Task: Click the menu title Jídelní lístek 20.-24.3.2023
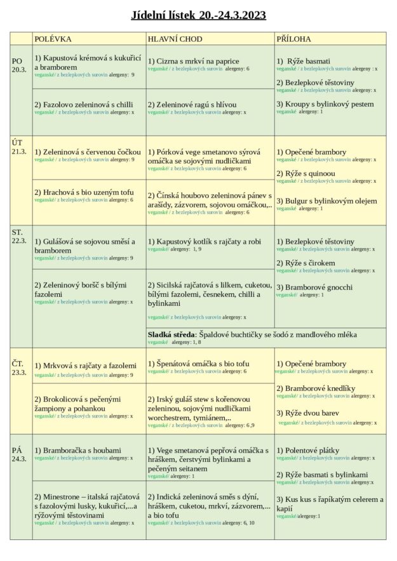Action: [x=198, y=15]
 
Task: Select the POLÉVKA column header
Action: [x=53, y=39]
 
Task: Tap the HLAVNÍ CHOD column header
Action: [x=175, y=39]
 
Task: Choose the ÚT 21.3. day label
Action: [x=19, y=147]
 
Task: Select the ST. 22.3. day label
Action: [x=19, y=236]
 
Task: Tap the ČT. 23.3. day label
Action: [x=19, y=367]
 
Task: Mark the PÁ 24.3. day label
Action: [x=19, y=454]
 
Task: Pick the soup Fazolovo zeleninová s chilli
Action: [x=84, y=105]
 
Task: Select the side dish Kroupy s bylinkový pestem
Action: [x=325, y=104]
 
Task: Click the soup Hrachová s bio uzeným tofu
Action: [x=84, y=192]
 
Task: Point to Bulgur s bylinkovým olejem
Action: [x=326, y=201]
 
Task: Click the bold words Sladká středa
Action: [x=172, y=334]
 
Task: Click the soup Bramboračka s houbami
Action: [x=77, y=450]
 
